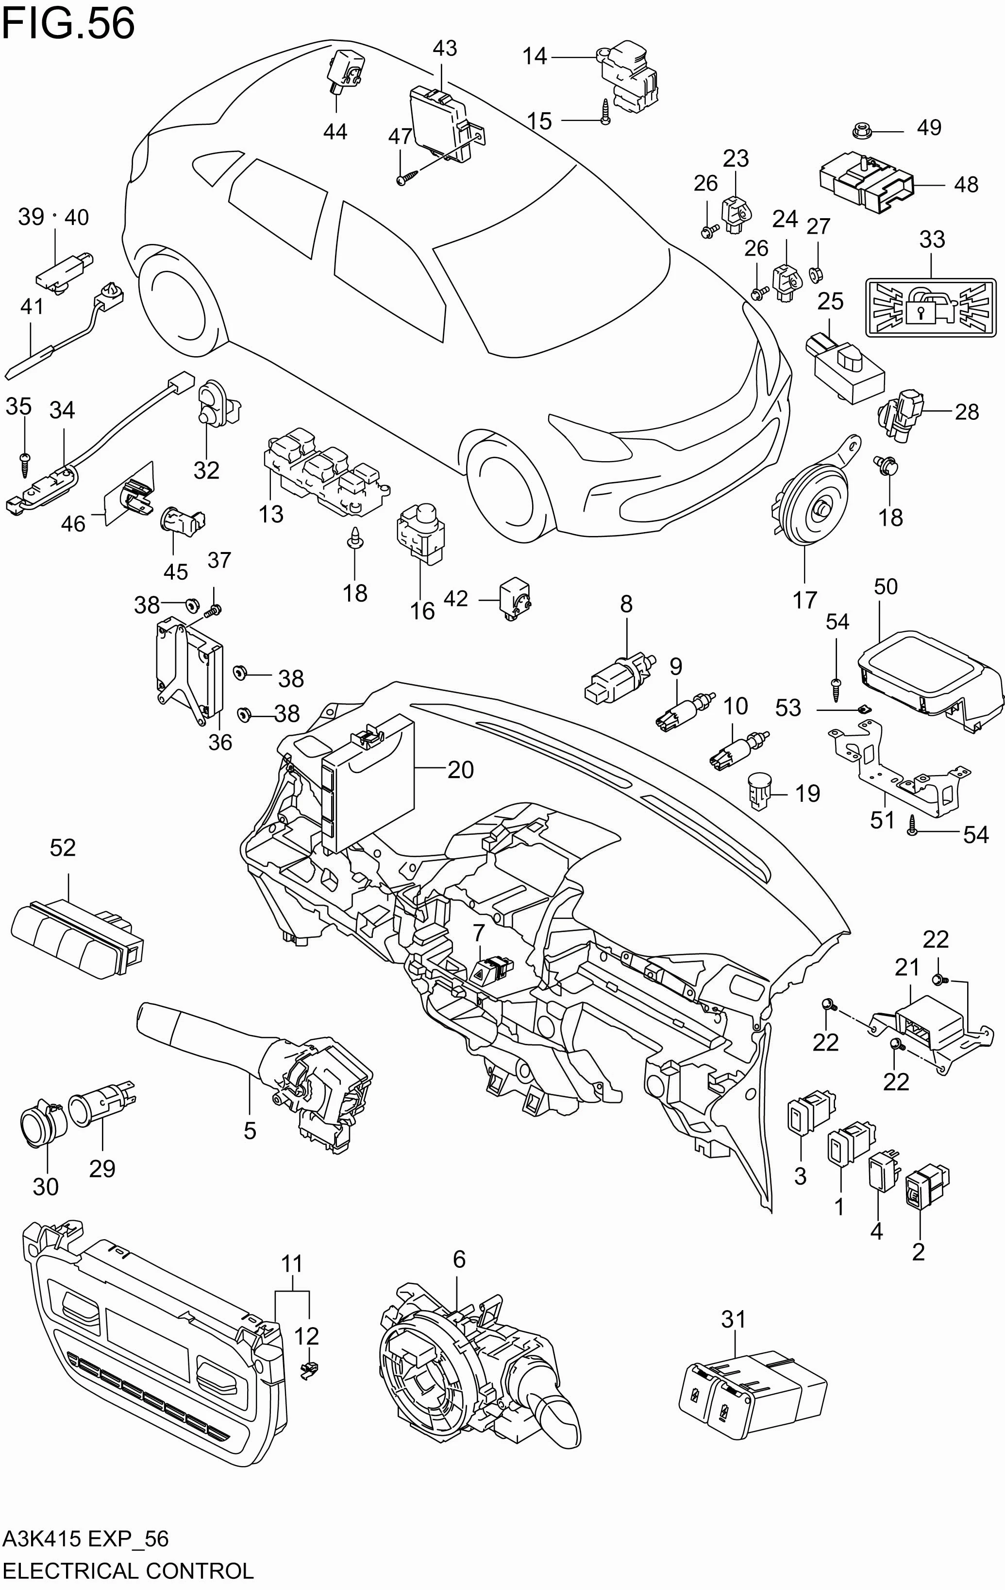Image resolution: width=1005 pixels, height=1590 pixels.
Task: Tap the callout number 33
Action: tap(932, 240)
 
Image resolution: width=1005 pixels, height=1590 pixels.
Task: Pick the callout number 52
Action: tap(63, 848)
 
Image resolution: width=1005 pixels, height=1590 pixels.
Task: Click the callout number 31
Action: tap(733, 1319)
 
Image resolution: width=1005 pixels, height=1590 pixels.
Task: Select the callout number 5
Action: tap(250, 1131)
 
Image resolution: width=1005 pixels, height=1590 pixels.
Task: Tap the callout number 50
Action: tap(886, 587)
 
